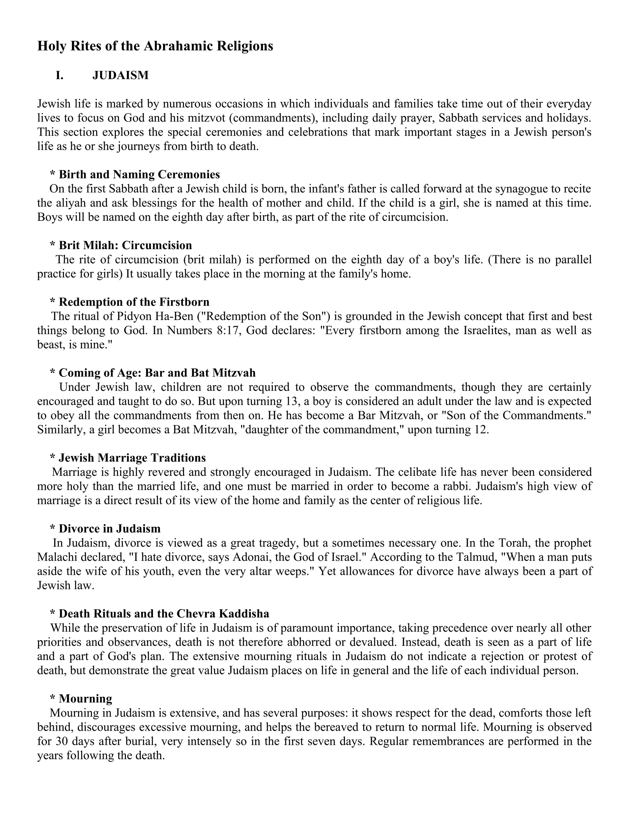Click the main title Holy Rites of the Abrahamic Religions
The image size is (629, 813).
pos(155,46)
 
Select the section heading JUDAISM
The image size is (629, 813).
pos(120,75)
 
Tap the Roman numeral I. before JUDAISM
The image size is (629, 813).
pos(60,75)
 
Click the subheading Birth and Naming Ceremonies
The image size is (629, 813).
pos(139,174)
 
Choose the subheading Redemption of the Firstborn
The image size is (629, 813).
pos(134,302)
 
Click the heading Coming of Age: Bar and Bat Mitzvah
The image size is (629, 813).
pos(157,373)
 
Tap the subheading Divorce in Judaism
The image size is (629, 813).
pos(110,529)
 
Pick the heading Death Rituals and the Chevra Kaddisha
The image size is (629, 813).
pos(164,614)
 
